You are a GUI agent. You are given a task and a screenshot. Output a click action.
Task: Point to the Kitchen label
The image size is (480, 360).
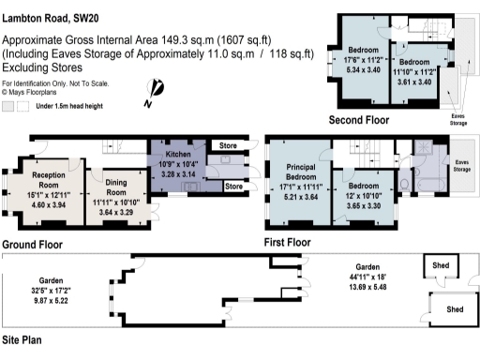pyautogui.click(x=179, y=153)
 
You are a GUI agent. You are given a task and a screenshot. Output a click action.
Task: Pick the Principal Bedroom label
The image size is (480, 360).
pyautogui.click(x=299, y=172)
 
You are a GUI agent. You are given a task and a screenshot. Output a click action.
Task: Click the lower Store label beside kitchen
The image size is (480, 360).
pyautogui.click(x=234, y=187)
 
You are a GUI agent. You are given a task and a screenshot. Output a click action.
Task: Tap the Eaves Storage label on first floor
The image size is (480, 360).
pyautogui.click(x=462, y=164)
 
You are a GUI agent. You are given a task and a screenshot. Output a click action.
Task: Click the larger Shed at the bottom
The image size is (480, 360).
pyautogui.click(x=454, y=309)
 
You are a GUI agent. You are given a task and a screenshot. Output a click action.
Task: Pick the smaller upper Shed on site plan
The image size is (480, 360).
pyautogui.click(x=440, y=264)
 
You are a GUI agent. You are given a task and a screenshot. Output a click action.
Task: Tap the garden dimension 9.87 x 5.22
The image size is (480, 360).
pyautogui.click(x=52, y=302)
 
